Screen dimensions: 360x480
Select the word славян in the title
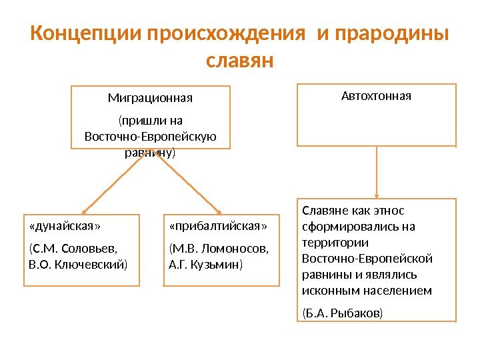pyautogui.click(x=240, y=61)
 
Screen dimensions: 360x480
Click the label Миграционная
pyautogui.click(x=150, y=99)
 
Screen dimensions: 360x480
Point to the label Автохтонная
pyautogui.click(x=376, y=96)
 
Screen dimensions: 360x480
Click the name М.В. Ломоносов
pyautogui.click(x=219, y=249)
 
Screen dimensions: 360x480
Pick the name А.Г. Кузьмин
pyautogui.click(x=207, y=265)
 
